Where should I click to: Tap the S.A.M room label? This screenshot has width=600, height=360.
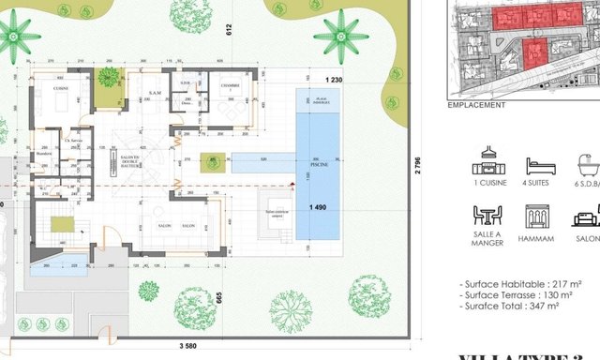157,94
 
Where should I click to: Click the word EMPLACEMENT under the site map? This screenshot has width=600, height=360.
478,105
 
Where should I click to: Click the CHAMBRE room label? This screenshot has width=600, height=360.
231,86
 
